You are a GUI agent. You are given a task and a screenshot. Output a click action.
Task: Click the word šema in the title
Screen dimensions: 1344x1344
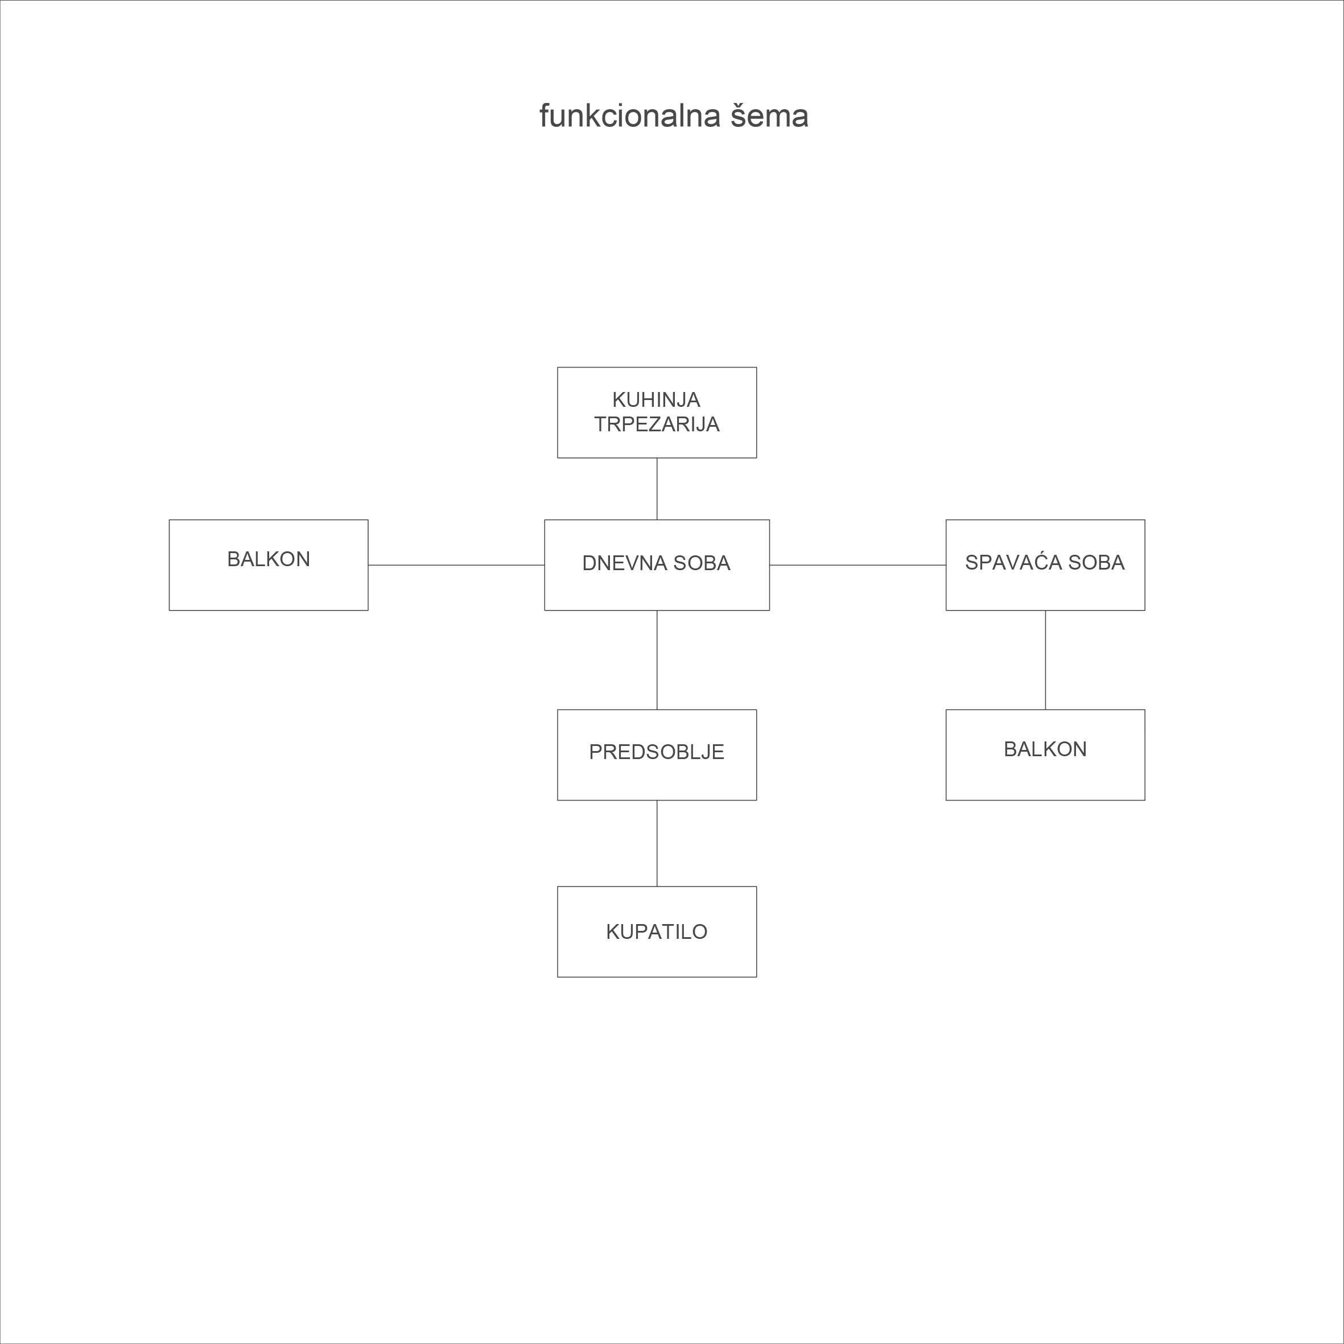click(769, 116)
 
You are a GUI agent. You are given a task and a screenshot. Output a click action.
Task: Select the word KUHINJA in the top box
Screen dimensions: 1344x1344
click(656, 400)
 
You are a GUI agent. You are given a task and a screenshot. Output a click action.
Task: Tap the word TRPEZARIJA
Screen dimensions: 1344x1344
click(657, 424)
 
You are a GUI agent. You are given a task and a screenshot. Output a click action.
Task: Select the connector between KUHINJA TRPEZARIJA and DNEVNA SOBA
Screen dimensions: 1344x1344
click(657, 488)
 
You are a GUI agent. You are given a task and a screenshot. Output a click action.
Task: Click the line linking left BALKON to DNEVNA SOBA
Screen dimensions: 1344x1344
click(456, 565)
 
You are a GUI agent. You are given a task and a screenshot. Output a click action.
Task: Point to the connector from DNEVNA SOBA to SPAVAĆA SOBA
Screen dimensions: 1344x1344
click(857, 565)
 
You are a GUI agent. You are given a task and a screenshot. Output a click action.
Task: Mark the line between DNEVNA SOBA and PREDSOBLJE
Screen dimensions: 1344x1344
click(657, 660)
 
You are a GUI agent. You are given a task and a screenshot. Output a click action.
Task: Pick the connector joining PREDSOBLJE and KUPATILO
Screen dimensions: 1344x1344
click(657, 843)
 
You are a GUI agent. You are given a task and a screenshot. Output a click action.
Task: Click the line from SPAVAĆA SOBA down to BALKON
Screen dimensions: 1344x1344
click(1045, 660)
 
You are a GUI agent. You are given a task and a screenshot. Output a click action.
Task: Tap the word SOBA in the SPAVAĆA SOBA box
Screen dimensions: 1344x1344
click(1096, 563)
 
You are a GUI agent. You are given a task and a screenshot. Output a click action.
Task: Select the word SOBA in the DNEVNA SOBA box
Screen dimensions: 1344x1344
click(702, 563)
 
